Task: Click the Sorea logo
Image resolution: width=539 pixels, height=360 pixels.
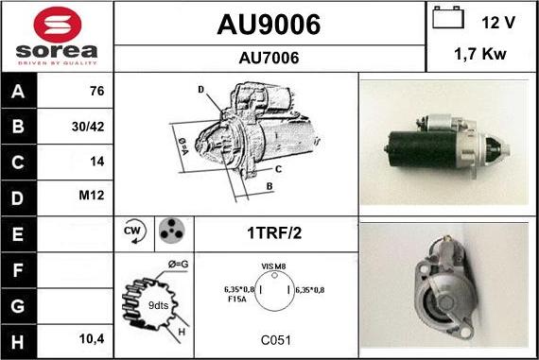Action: pyautogui.click(x=57, y=36)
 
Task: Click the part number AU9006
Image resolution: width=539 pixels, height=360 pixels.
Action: pyautogui.click(x=269, y=24)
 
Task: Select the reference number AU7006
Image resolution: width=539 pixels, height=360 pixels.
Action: pyautogui.click(x=269, y=58)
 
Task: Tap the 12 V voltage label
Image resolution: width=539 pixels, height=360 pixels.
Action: pyautogui.click(x=497, y=21)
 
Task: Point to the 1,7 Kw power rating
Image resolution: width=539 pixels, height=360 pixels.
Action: pyautogui.click(x=481, y=55)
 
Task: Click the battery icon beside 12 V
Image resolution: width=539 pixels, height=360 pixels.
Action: pyautogui.click(x=447, y=18)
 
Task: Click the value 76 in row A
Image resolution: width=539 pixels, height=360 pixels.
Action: pyautogui.click(x=96, y=92)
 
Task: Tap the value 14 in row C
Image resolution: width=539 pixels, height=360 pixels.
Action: pyautogui.click(x=96, y=162)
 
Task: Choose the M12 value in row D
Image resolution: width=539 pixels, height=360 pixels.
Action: pyautogui.click(x=94, y=197)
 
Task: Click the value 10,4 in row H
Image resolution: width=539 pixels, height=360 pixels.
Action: pyautogui.click(x=93, y=337)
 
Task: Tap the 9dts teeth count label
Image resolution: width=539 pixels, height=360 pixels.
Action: pyautogui.click(x=159, y=306)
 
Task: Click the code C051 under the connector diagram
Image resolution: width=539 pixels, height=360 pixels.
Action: pyautogui.click(x=276, y=338)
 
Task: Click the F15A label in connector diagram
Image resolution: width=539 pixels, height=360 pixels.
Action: pyautogui.click(x=237, y=300)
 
